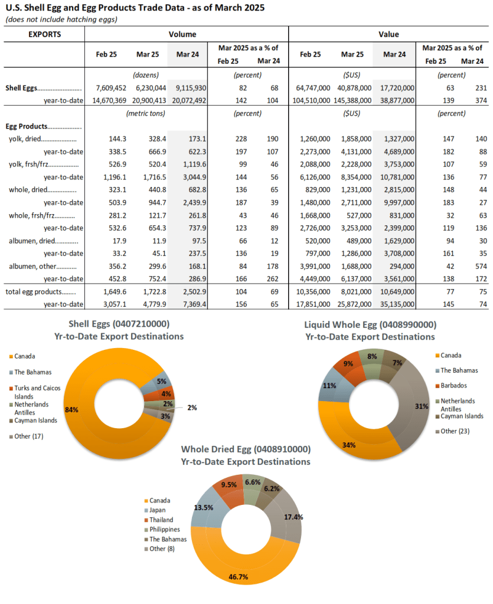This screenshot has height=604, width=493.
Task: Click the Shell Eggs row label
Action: pyautogui.click(x=22, y=88)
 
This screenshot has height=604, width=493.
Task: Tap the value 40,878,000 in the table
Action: pyautogui.click(x=354, y=88)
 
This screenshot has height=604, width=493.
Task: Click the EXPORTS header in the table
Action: pyautogui.click(x=45, y=34)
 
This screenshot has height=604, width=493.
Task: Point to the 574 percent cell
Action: pyautogui.click(x=481, y=266)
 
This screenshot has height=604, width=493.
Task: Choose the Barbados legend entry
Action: pyautogui.click(x=451, y=386)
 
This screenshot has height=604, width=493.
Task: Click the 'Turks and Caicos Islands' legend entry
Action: pyautogui.click(x=35, y=392)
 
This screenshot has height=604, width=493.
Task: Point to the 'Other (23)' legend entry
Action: pyautogui.click(x=452, y=431)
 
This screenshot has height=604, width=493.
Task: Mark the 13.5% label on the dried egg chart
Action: pyautogui.click(x=204, y=508)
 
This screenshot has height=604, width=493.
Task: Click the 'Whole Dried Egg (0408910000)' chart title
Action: pyautogui.click(x=246, y=449)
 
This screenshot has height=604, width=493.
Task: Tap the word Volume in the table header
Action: pyautogui.click(x=182, y=34)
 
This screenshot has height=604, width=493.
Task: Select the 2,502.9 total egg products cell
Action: pyautogui.click(x=195, y=291)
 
